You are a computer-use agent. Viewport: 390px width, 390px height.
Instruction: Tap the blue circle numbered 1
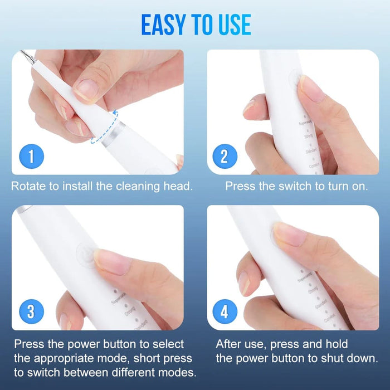(x=31, y=156)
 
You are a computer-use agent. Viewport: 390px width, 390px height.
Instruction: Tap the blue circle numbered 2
(x=225, y=156)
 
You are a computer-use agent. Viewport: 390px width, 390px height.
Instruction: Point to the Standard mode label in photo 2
(x=310, y=150)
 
